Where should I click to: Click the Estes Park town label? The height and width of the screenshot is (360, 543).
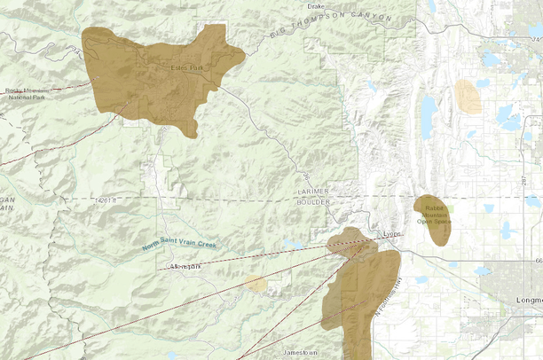point(187,67)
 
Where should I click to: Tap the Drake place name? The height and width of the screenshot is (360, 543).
point(315,5)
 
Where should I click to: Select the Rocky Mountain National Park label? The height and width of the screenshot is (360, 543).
point(27,93)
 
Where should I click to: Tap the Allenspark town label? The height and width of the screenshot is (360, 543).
point(186,267)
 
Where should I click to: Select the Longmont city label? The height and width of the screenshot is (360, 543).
point(528,301)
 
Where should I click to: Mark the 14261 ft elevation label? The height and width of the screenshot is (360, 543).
point(105,201)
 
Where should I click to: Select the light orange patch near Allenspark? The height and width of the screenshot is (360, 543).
point(256,284)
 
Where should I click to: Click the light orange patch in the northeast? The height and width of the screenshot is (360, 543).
point(467,97)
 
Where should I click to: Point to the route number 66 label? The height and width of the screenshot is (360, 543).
point(538,261)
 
